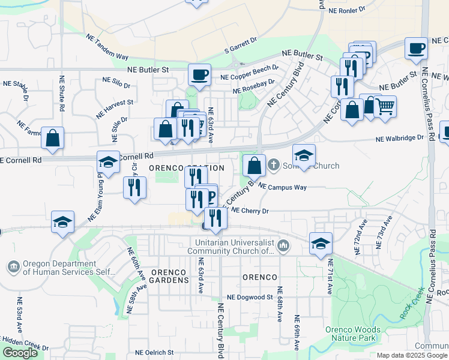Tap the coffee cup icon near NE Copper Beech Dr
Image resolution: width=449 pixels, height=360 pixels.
coord(199,75)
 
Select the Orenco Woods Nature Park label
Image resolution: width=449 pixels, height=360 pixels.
coord(353,334)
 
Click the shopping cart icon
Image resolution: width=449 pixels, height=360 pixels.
coord(385,107)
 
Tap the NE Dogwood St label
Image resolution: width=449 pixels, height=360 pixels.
coord(250,297)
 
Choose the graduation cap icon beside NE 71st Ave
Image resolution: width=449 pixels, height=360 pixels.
coord(321,244)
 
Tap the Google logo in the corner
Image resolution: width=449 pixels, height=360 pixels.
coord(19,353)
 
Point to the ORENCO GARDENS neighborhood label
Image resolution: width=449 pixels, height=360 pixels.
coord(172,277)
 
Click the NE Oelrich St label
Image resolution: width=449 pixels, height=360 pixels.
coord(154,353)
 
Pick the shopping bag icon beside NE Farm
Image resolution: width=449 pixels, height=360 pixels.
coord(53,138)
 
